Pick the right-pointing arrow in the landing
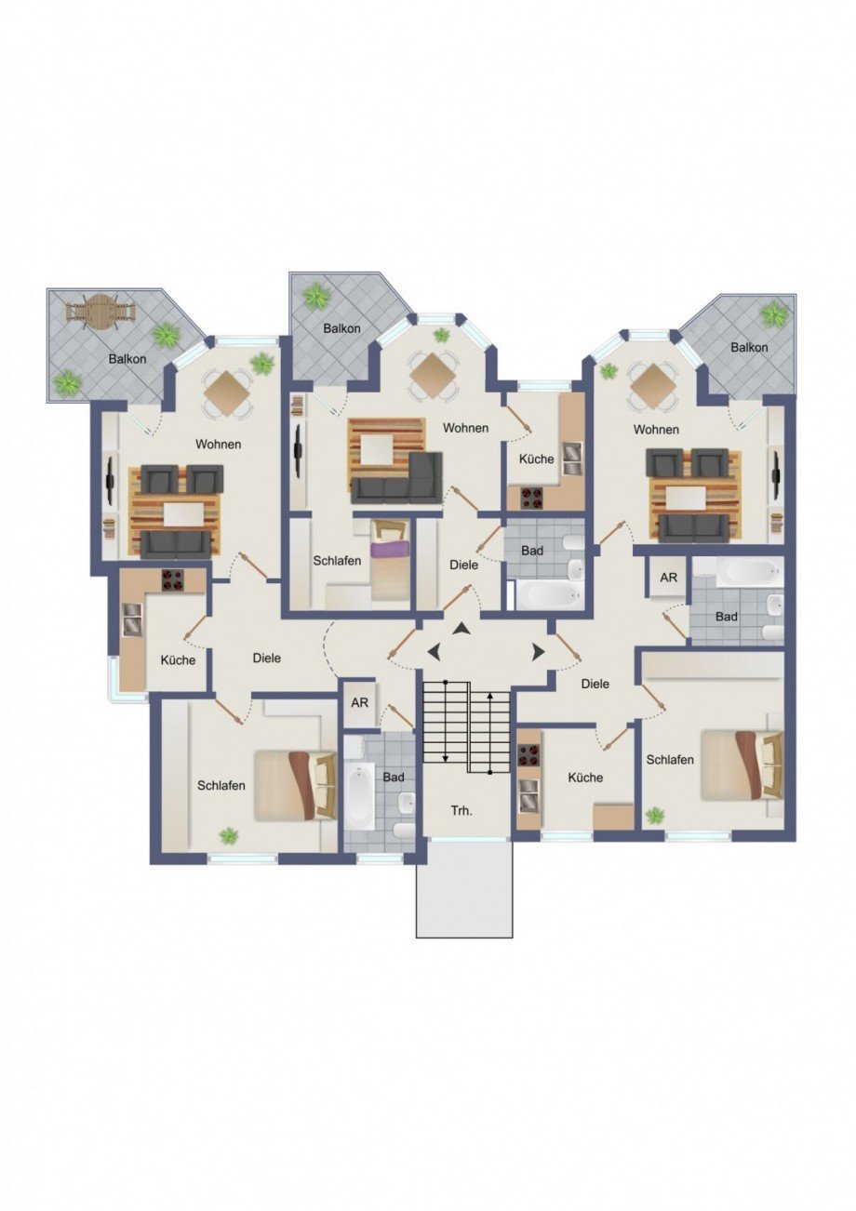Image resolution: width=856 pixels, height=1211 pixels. click(538, 652)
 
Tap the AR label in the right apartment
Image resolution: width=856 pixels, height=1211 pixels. click(668, 578)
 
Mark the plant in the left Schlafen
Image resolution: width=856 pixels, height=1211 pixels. click(229, 836)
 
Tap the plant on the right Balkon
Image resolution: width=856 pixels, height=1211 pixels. click(774, 313)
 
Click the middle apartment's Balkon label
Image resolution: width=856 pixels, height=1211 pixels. click(341, 328)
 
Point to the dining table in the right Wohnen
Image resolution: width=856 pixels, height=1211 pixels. click(654, 386)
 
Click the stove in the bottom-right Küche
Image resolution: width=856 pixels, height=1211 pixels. click(528, 756)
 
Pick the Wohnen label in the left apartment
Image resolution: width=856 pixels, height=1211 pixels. click(219, 445)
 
